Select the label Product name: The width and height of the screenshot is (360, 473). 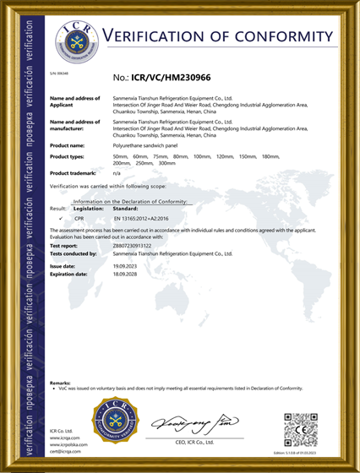[x=68, y=145]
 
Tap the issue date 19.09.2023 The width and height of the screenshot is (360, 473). [x=125, y=266]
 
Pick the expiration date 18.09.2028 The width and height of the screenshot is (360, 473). [x=125, y=274]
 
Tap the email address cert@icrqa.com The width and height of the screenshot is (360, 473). [x=66, y=452]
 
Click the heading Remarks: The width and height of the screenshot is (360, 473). [x=60, y=383]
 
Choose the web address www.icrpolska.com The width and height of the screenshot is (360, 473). [x=70, y=445]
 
